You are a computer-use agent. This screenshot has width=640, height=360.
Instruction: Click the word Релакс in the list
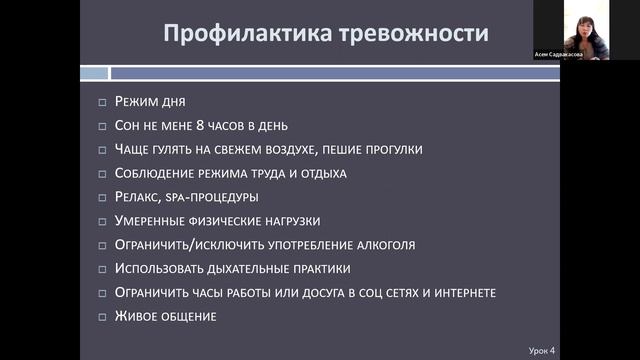click(138, 197)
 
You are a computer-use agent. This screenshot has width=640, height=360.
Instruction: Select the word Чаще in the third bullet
click(133, 150)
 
